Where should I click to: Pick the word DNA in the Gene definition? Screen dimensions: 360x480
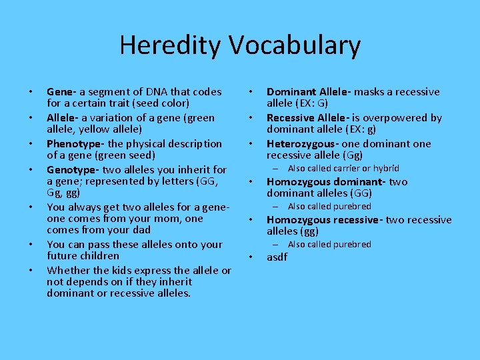tap(145, 92)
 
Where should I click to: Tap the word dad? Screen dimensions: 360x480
tap(139, 230)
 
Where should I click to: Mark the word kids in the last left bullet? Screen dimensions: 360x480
tap(111, 271)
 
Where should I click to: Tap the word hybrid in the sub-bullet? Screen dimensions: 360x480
tap(386, 169)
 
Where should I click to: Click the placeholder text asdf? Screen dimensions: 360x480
tap(277, 257)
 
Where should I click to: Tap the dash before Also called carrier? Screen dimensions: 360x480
tap(278, 169)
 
